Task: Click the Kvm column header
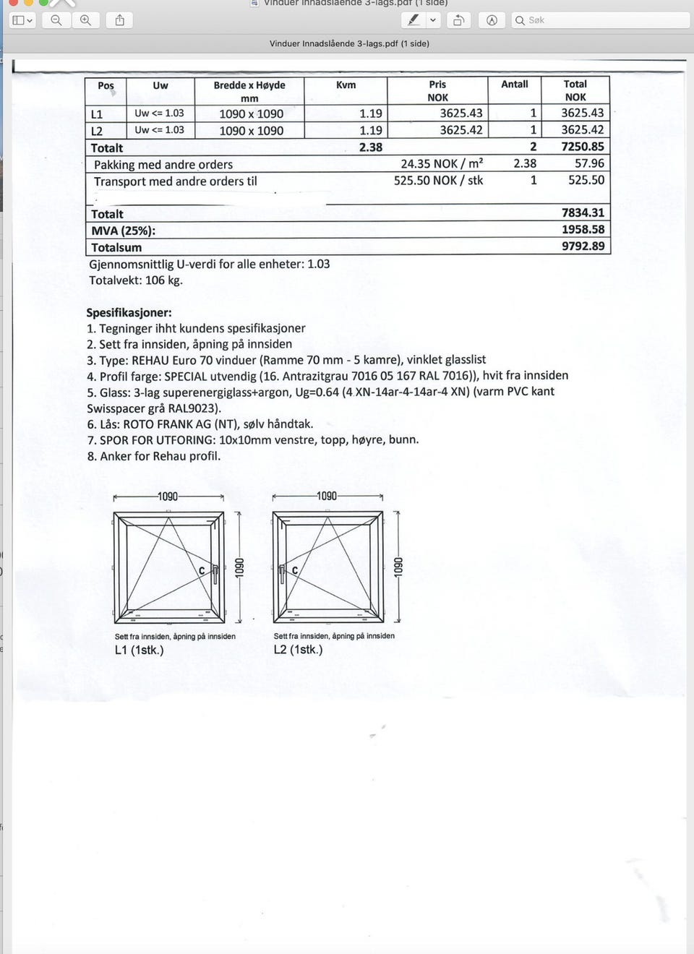[346, 85]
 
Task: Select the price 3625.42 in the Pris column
[460, 130]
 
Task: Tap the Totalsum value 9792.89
[583, 246]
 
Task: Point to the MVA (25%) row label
[123, 231]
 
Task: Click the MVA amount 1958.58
[583, 230]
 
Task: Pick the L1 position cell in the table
[97, 114]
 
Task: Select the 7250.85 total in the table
[582, 147]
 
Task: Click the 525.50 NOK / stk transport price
[438, 181]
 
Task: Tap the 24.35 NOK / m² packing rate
[442, 164]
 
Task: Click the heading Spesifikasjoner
[129, 313]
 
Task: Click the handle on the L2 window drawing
[282, 574]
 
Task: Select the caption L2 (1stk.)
[298, 649]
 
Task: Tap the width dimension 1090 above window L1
[168, 497]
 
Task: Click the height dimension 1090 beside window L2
[397, 567]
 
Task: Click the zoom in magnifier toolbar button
[85, 20]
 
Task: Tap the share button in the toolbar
[120, 20]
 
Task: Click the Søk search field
[600, 20]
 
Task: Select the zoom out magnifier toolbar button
[56, 20]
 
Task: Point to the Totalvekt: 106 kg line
[136, 280]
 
